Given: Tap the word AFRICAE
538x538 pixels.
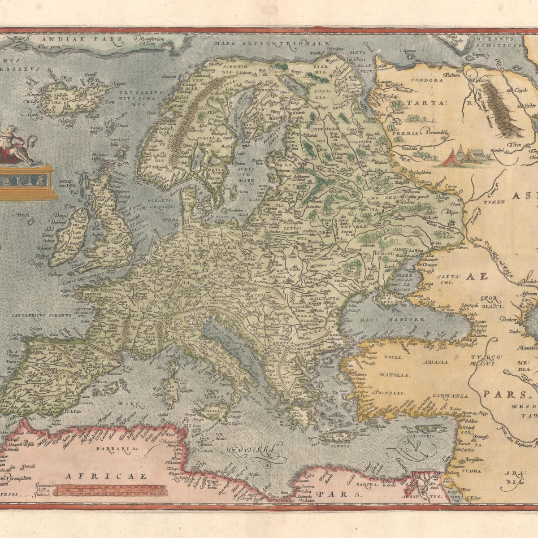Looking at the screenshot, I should (105, 476).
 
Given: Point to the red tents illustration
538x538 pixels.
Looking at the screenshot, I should (462, 157).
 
